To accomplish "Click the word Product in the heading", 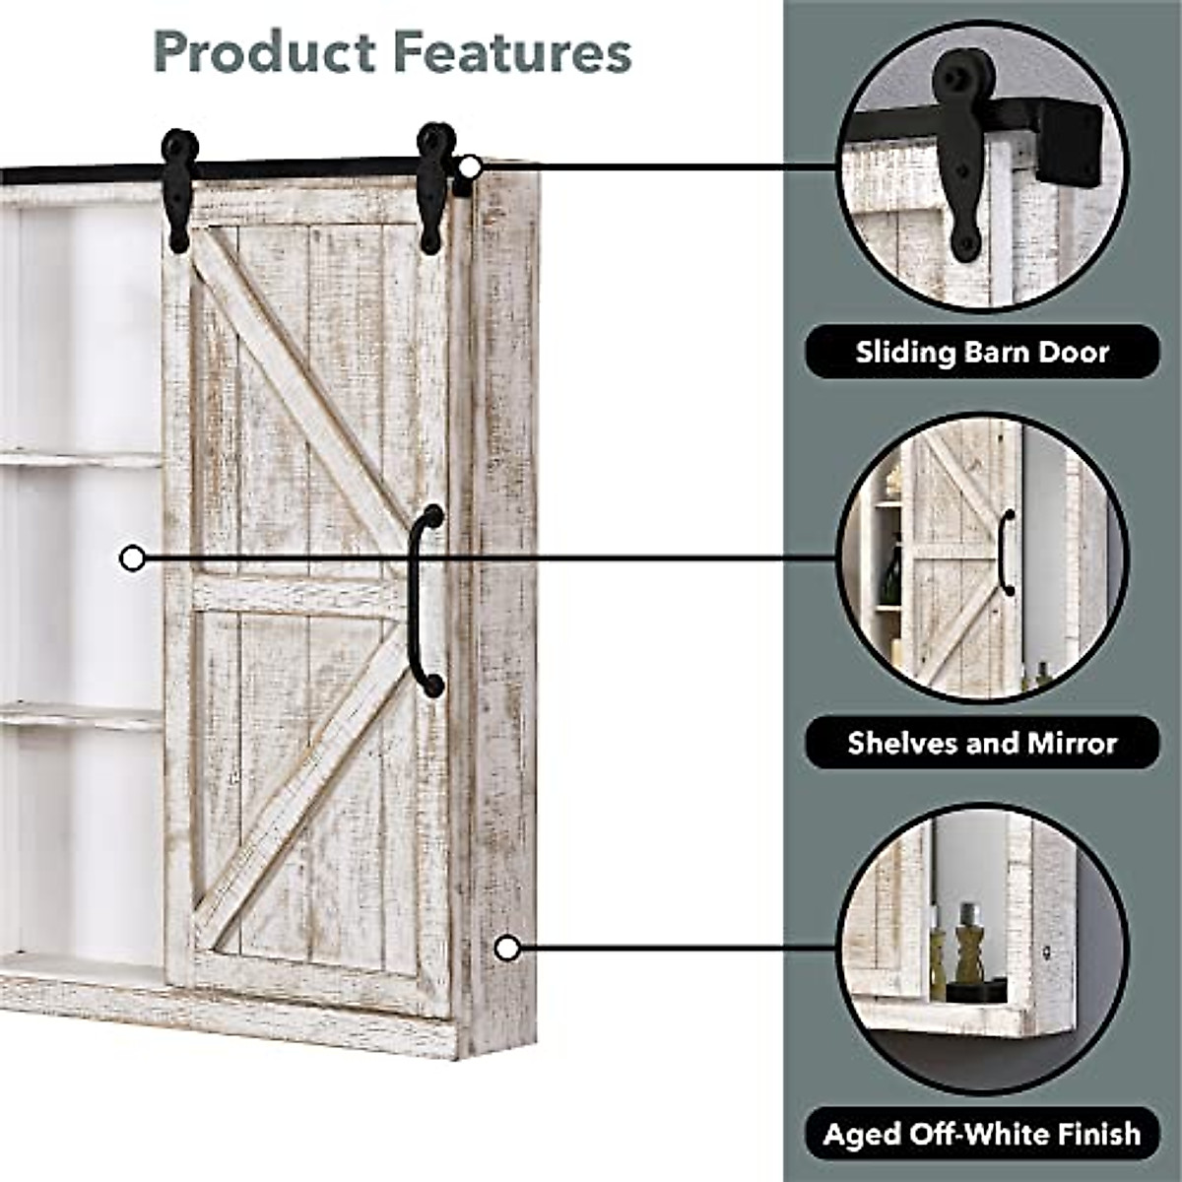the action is tap(264, 52).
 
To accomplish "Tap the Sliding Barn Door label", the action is tap(982, 352).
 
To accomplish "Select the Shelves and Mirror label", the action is tap(982, 742).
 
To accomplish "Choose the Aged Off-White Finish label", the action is tap(982, 1134).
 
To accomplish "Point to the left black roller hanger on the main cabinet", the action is tap(179, 187).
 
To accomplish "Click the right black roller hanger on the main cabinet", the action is tap(434, 184).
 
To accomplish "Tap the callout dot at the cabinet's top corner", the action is tap(471, 166).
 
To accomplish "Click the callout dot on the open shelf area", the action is tap(132, 559).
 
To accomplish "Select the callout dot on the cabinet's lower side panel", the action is tap(507, 949).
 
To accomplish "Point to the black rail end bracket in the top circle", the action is tap(1068, 144).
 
